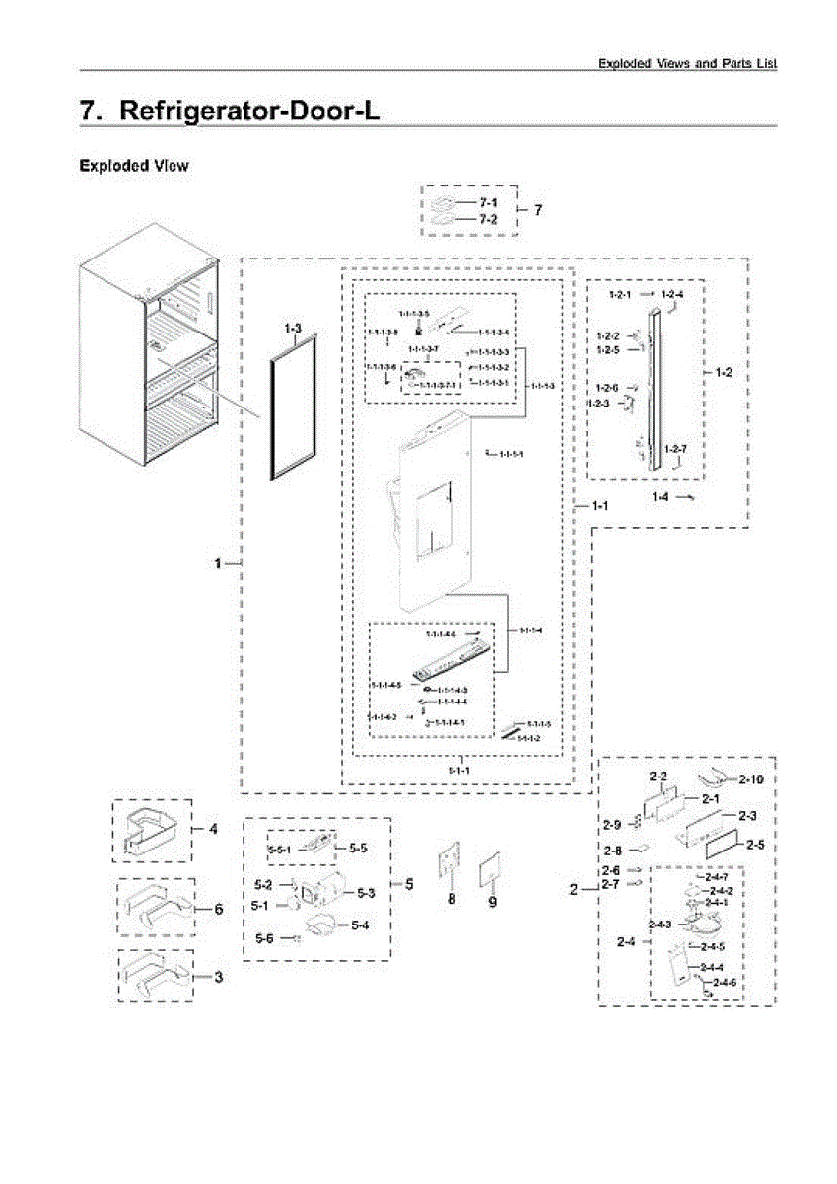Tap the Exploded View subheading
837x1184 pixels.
pos(133,166)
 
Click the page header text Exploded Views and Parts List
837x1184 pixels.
pos(687,63)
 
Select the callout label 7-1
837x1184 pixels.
pos(489,202)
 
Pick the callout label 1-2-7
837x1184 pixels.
pos(676,450)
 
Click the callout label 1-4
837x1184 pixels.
pos(661,497)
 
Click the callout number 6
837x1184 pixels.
pos(218,909)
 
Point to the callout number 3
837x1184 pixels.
pos(218,977)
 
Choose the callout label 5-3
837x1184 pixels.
pos(366,893)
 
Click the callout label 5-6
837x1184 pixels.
pos(264,938)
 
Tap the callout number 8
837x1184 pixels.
pos(452,900)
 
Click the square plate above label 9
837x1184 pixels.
pos(491,871)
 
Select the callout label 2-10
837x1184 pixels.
pos(752,779)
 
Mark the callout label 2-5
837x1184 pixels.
pos(756,845)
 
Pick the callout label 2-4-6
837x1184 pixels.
pos(726,983)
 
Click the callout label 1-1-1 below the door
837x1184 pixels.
pos(457,769)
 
